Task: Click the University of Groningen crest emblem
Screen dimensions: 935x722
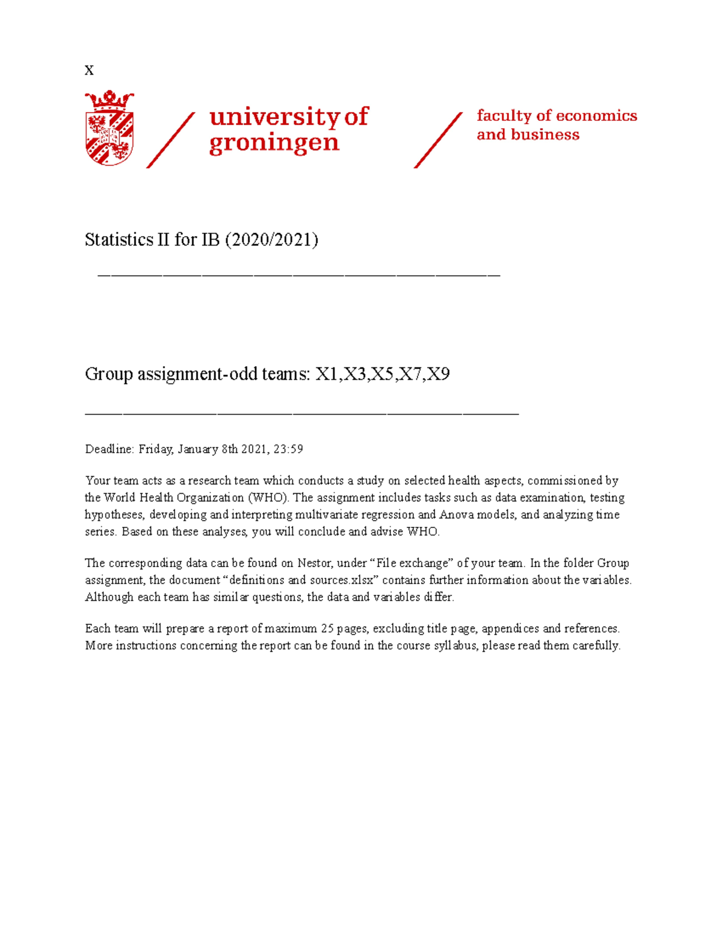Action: (110, 128)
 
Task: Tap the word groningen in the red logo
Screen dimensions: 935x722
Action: (274, 143)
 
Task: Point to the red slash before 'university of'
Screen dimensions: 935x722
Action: (171, 140)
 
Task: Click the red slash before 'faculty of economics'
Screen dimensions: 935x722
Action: (438, 140)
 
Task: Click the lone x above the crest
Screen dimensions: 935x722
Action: (89, 70)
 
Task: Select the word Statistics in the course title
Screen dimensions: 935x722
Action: (119, 240)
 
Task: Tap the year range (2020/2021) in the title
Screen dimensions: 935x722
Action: (271, 240)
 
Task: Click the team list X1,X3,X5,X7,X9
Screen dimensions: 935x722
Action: (383, 374)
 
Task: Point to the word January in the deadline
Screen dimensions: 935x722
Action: (198, 449)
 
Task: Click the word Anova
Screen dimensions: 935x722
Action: (456, 515)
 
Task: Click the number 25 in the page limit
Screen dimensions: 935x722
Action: (327, 629)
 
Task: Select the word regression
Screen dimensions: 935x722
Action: (386, 515)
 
